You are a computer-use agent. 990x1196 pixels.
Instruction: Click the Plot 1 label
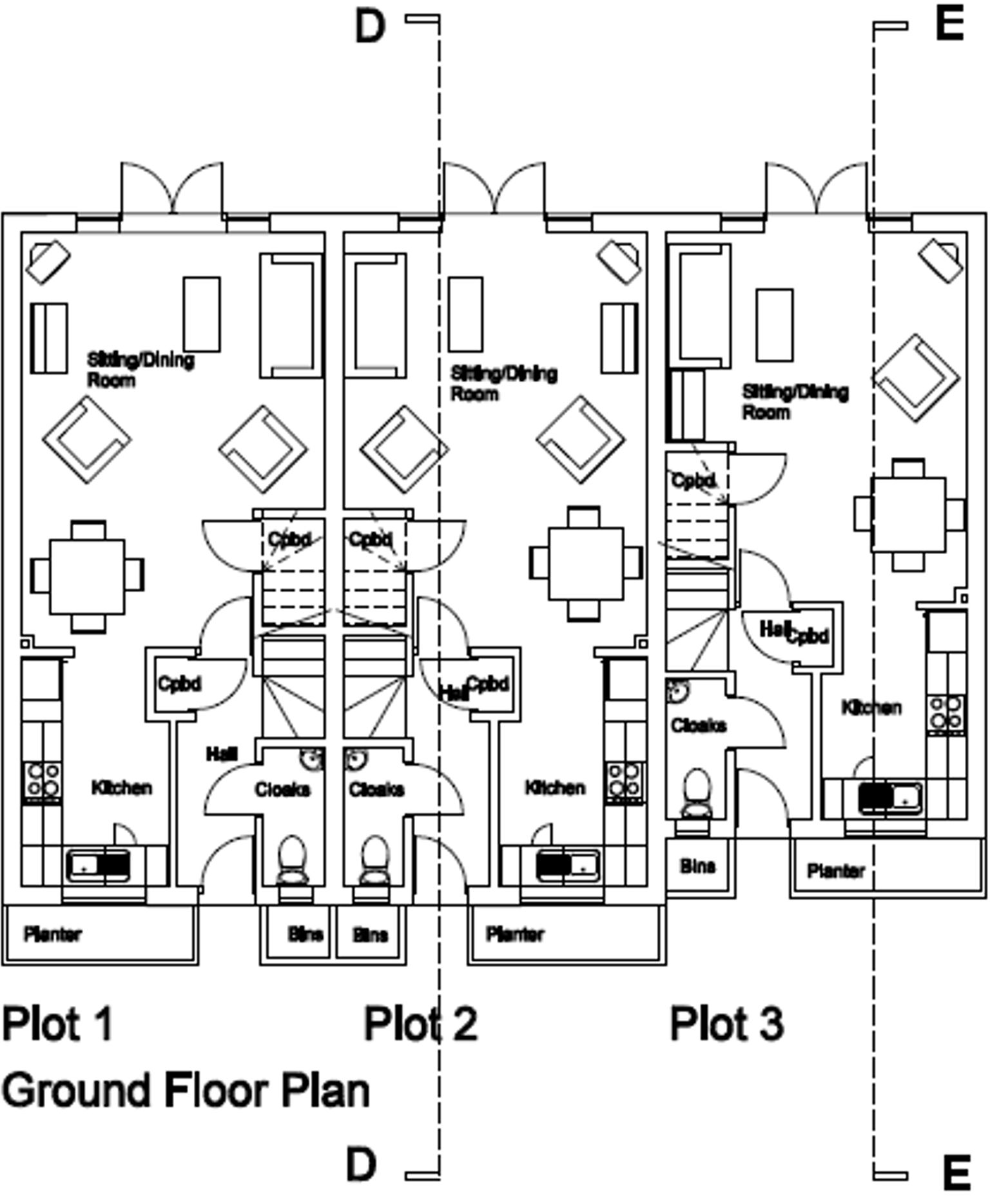click(58, 1023)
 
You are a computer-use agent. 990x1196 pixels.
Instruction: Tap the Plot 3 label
click(726, 1023)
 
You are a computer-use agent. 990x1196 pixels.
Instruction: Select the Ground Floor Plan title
click(186, 1090)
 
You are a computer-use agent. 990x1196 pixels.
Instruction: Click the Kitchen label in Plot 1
click(122, 787)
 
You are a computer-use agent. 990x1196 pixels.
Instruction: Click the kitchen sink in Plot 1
click(99, 865)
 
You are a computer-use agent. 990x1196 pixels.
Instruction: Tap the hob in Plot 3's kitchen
click(946, 713)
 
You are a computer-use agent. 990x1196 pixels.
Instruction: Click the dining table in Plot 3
click(908, 514)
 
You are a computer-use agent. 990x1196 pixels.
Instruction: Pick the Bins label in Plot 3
click(697, 866)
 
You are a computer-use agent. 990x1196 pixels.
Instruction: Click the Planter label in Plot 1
click(53, 934)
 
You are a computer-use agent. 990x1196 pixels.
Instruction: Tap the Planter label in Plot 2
click(515, 934)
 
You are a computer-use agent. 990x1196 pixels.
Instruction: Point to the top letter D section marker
click(370, 27)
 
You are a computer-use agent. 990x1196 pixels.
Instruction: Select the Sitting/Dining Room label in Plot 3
click(795, 401)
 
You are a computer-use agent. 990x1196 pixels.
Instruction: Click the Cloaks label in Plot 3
click(698, 726)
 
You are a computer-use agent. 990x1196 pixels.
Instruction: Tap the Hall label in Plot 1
click(222, 753)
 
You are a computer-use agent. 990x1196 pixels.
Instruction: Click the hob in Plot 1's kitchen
click(43, 780)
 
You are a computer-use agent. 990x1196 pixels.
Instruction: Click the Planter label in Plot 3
click(835, 871)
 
